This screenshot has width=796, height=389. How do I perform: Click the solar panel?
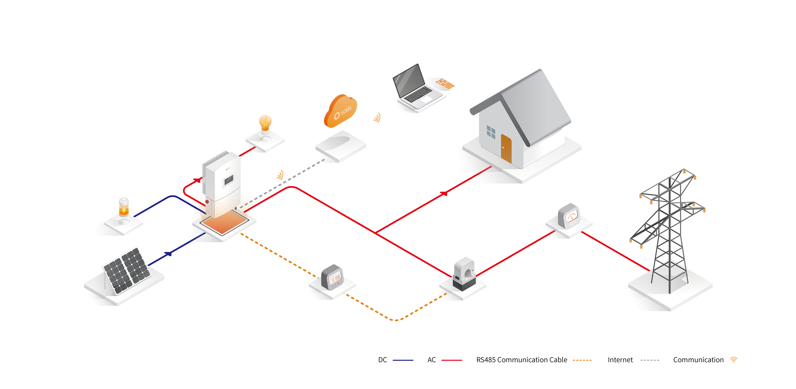(127, 271)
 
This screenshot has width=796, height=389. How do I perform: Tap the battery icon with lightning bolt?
(124, 207)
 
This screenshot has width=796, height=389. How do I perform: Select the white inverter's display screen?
(229, 180)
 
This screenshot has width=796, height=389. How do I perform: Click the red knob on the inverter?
(207, 202)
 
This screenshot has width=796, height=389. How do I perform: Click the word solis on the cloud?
(346, 110)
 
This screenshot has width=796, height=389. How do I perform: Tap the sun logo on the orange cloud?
(336, 116)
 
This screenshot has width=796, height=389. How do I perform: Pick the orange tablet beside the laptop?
(445, 83)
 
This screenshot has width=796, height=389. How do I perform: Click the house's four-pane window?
(491, 132)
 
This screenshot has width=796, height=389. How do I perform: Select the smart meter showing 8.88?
(335, 279)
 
